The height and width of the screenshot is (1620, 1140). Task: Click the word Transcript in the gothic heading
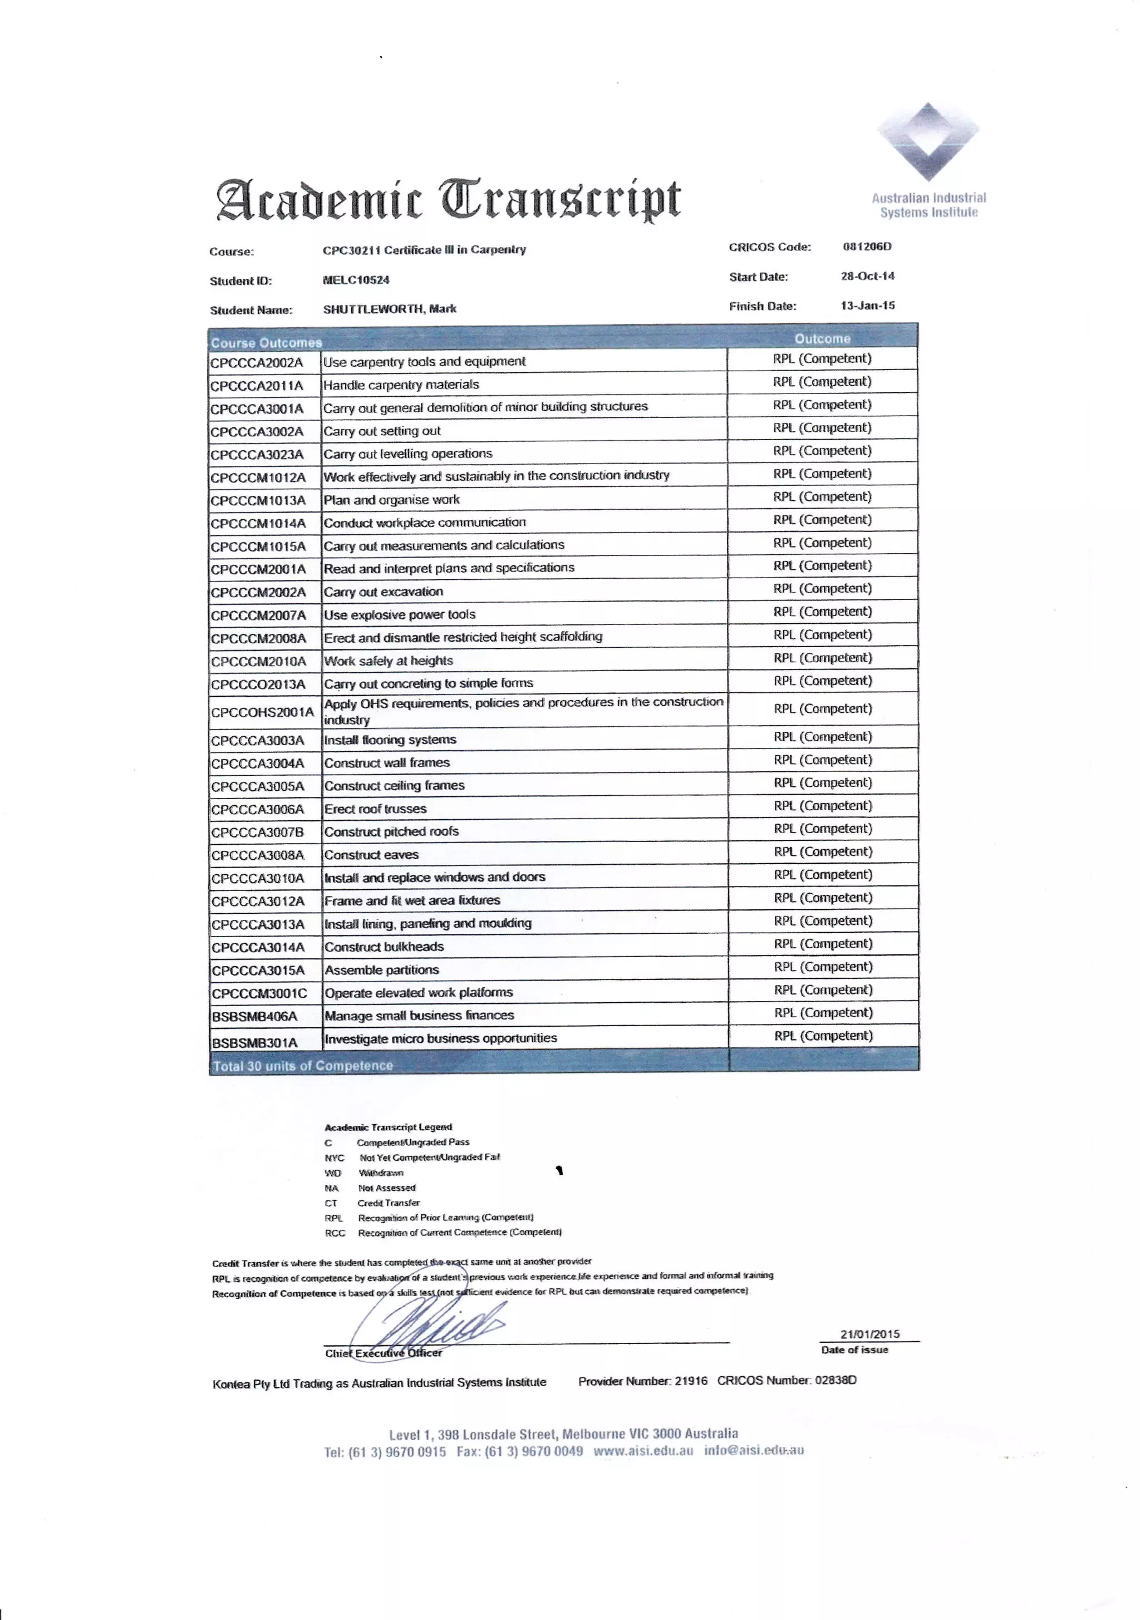click(x=561, y=200)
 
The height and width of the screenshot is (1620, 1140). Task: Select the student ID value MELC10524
click(x=356, y=280)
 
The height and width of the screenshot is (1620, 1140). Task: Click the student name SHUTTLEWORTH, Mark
click(x=390, y=309)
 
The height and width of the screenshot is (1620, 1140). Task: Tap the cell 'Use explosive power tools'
click(x=400, y=614)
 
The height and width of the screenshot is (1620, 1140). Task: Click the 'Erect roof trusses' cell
click(x=376, y=809)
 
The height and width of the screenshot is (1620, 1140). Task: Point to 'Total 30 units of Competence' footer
click(x=302, y=1065)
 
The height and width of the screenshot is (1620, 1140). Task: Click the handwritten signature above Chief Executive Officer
click(x=431, y=1325)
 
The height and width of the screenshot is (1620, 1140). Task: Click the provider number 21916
click(x=690, y=1381)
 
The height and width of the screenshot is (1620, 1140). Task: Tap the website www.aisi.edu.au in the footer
click(x=643, y=1451)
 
